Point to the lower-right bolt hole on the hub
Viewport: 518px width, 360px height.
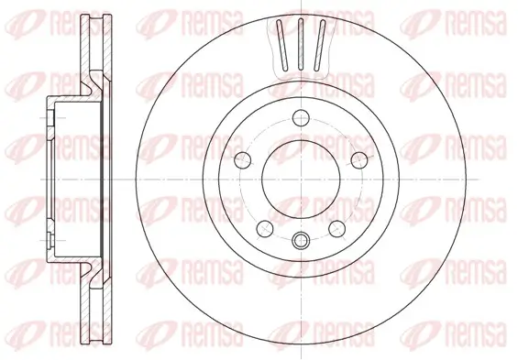[x=337, y=225]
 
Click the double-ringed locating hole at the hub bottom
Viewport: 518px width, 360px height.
[x=301, y=243]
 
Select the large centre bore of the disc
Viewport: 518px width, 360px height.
[x=299, y=179]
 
